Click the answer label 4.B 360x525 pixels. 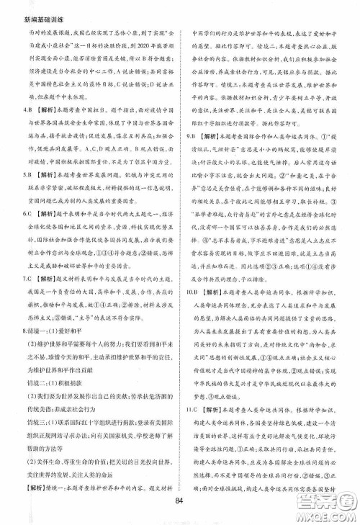pyautogui.click(x=23, y=109)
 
